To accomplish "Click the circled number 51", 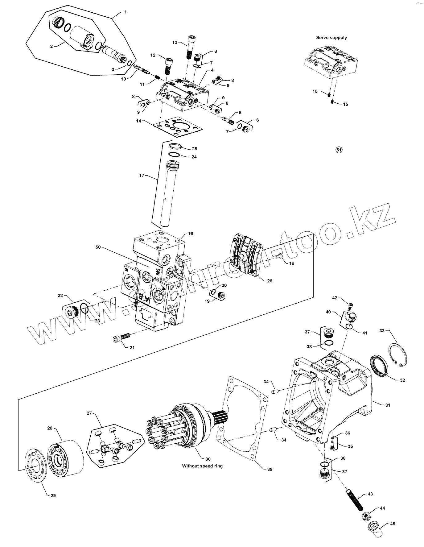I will coord(339,150).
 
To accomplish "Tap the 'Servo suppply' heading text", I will coord(331,38).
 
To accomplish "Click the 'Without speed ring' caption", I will coord(202,466).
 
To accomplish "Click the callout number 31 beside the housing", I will coord(388,405).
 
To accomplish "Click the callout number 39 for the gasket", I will coord(270,469).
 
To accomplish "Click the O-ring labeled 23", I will coord(85,308).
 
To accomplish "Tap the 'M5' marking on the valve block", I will coord(158,272).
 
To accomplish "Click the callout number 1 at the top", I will coord(126,12).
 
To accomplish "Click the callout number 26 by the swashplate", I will coord(270,281).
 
